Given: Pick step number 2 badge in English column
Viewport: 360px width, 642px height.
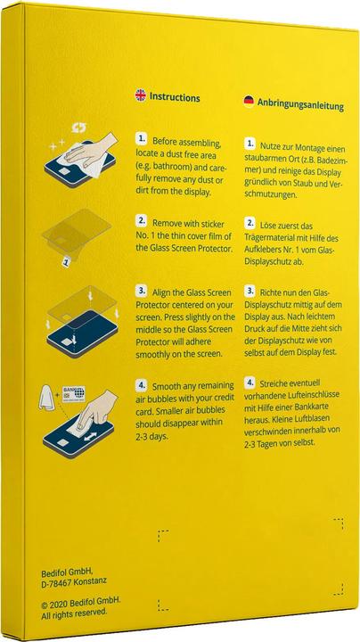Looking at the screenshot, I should (x=141, y=218).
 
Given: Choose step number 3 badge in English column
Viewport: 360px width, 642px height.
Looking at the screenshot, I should (x=141, y=291).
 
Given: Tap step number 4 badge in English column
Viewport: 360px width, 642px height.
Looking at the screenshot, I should (x=141, y=385).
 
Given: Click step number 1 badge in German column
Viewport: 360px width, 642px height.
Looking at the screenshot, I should (x=250, y=144).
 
